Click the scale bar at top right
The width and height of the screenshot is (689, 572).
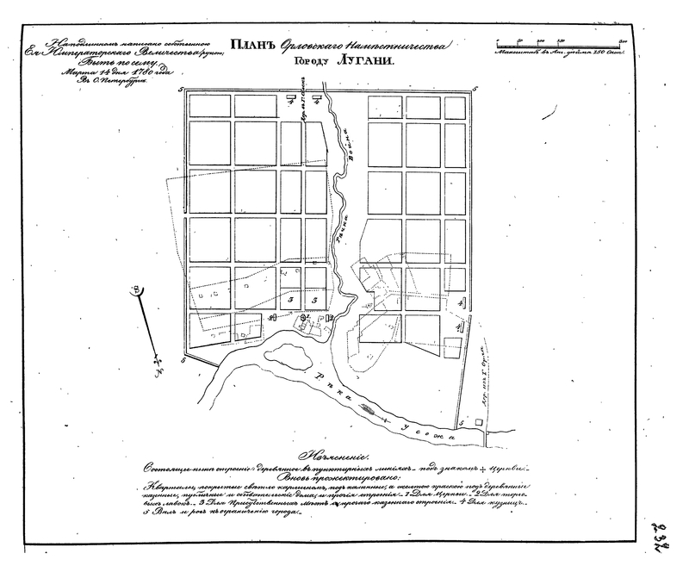click(x=561, y=41)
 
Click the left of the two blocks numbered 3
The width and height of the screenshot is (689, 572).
click(x=292, y=299)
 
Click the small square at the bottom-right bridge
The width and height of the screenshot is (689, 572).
click(x=466, y=425)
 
